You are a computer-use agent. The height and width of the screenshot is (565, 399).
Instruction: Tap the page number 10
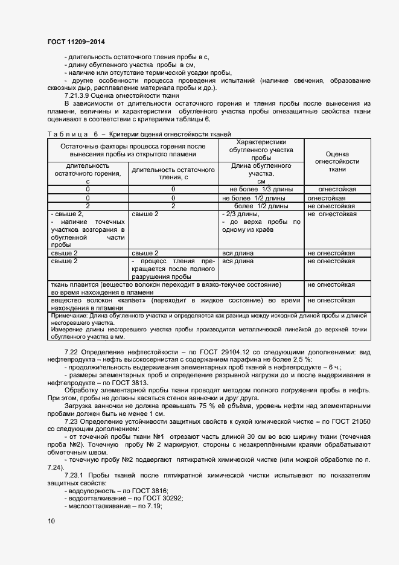[51, 520]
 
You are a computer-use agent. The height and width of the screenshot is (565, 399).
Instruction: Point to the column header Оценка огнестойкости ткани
[338, 161]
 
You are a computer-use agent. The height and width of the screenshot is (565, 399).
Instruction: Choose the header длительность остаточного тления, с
[173, 173]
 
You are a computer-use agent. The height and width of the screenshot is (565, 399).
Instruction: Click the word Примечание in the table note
[69, 316]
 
